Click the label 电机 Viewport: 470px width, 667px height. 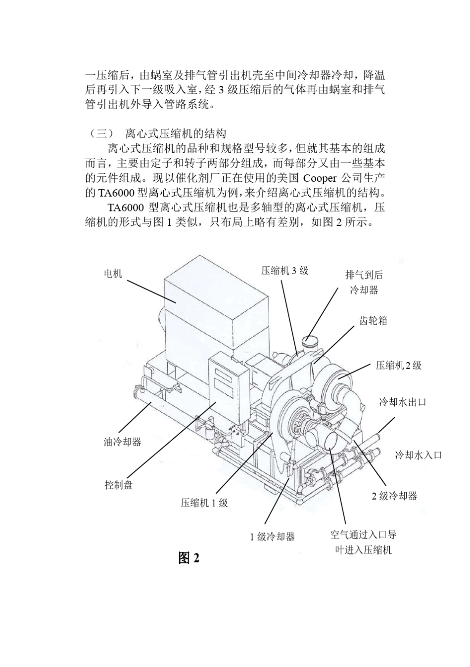(x=113, y=273)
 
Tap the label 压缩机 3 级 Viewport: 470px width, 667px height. (x=284, y=270)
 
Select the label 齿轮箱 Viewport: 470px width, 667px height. (x=373, y=321)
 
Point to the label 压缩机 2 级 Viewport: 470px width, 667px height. (x=398, y=365)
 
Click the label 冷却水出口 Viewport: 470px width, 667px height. (x=402, y=402)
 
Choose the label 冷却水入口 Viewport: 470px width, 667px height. (x=418, y=455)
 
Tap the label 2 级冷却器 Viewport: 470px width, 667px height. (x=394, y=496)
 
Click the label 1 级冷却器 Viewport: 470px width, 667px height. (x=272, y=537)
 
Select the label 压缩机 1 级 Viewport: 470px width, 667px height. (x=204, y=503)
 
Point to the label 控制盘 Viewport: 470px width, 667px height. (x=119, y=485)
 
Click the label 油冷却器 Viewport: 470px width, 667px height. (x=122, y=442)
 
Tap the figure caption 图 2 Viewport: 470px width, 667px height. (x=188, y=558)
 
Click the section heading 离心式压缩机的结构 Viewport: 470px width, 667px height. (x=176, y=133)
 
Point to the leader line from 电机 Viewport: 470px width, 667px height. (x=151, y=291)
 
